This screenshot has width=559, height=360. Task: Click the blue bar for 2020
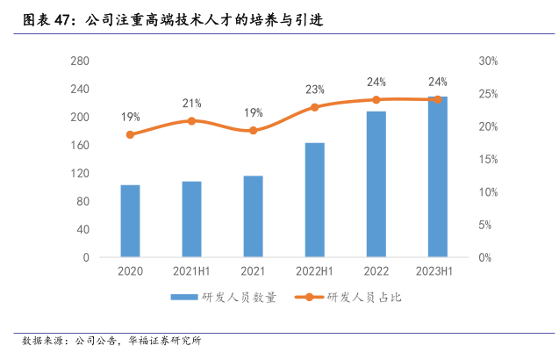[130, 221]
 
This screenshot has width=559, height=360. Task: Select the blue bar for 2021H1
[191, 220]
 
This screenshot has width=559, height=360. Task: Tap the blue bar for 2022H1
[314, 200]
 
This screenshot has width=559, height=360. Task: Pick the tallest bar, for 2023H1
[437, 177]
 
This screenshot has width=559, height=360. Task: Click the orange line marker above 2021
[253, 131]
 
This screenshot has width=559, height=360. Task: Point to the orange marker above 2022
[376, 100]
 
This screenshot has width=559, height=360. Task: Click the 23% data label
[314, 90]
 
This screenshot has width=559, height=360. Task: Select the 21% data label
[191, 104]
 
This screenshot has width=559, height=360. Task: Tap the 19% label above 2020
[130, 117]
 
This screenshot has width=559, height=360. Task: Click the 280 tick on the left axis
[79, 61]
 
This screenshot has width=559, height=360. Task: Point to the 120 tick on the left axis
[79, 174]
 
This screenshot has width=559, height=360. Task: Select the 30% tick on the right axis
[489, 61]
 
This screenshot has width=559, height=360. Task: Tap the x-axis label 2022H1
[314, 272]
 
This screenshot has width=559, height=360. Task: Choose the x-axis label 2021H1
[191, 272]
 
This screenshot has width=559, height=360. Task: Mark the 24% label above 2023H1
[437, 82]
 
